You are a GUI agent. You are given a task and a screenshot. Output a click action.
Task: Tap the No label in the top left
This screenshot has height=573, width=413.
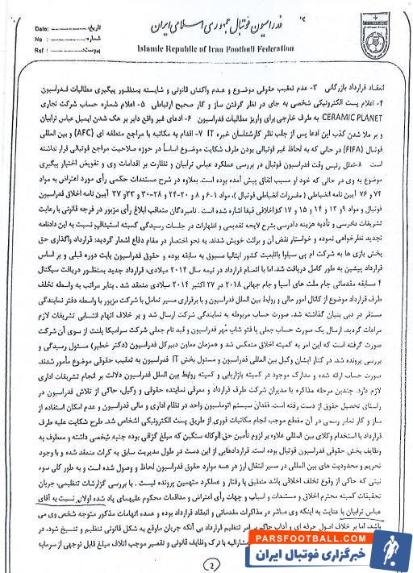tap(37, 37)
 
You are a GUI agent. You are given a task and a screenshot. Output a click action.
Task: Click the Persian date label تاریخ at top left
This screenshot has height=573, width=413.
tap(75, 27)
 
